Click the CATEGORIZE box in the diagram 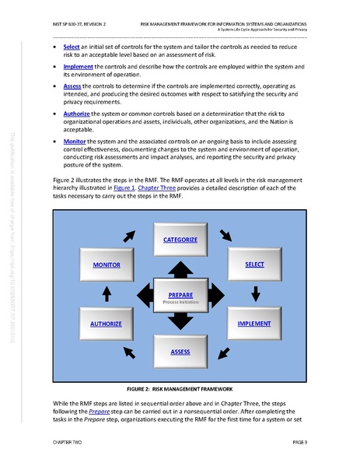coord(180,240)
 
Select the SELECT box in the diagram coord(254,265)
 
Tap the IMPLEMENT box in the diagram coord(254,323)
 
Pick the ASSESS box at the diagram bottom coord(180,352)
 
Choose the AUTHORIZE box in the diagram coord(106,323)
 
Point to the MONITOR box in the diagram coord(106,265)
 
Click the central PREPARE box coord(180,296)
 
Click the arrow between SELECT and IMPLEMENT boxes coord(254,293)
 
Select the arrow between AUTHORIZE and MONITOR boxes coord(107,293)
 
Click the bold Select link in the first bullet coord(72,47)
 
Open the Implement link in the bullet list coord(77,68)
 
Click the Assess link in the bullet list coord(72,88)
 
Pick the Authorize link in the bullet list coord(76,114)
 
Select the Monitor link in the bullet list coord(75,141)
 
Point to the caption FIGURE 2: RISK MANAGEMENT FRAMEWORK coord(180,387)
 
